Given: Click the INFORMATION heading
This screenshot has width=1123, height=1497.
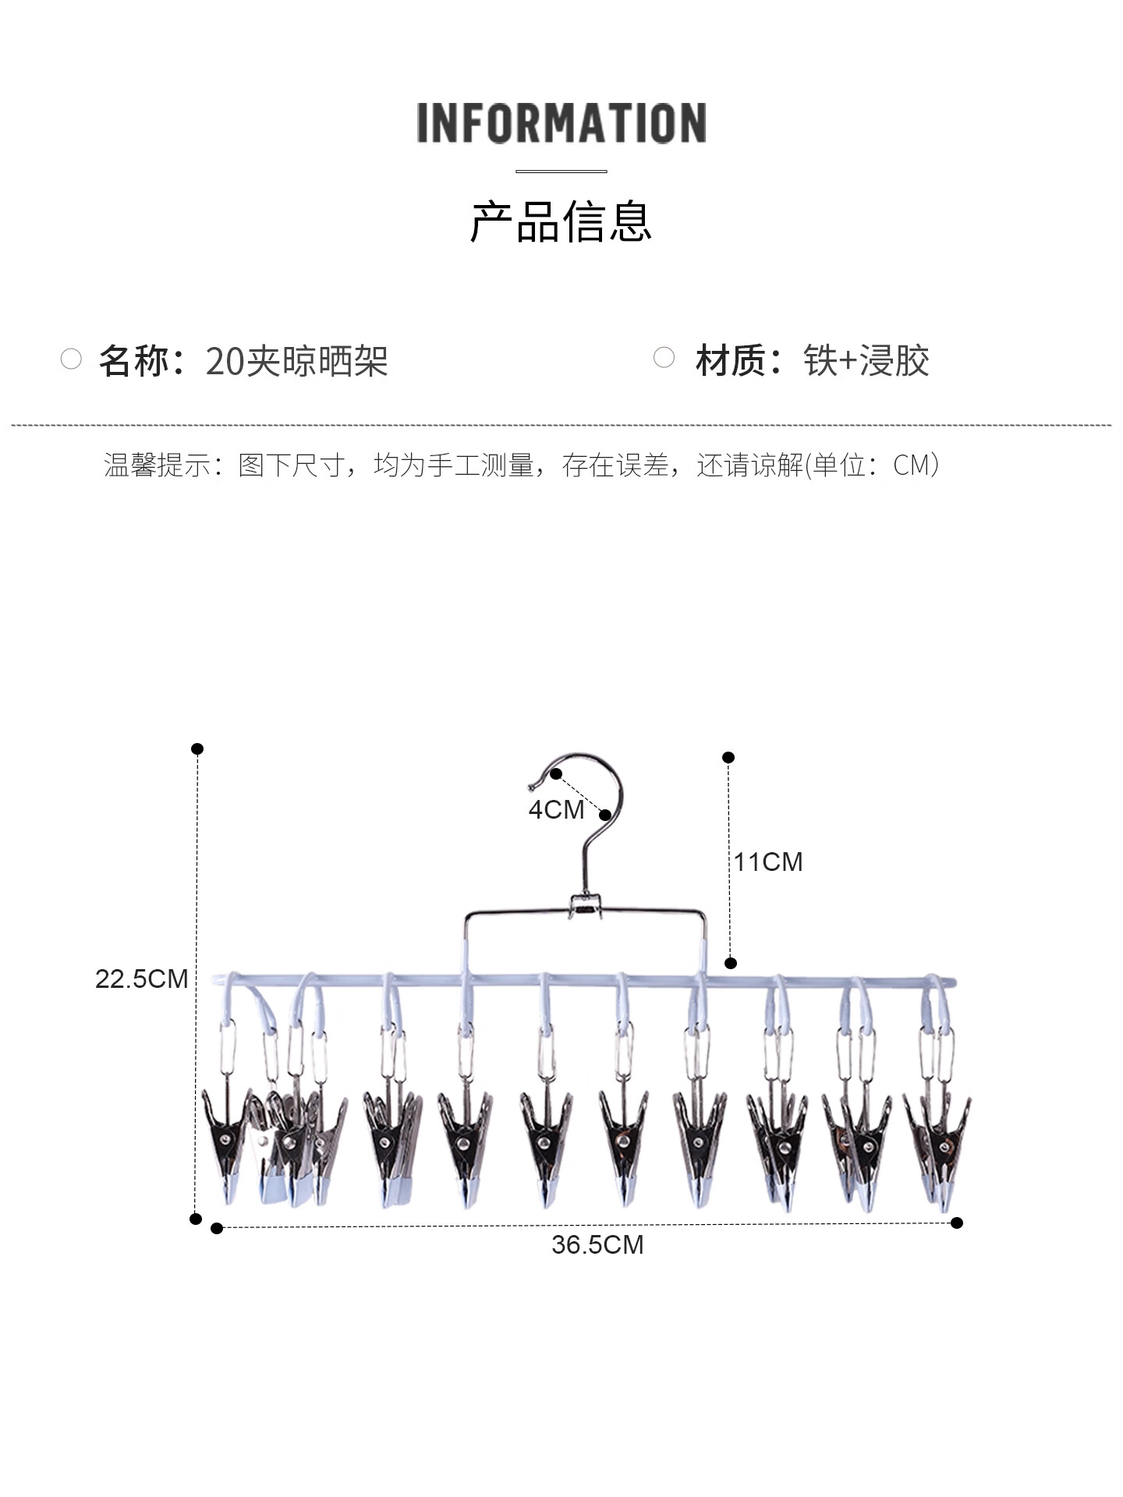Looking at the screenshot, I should pos(561,123).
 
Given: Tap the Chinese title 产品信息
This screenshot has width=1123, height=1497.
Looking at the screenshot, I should pos(561,222).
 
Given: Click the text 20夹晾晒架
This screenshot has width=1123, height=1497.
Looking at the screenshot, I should pos(297,360).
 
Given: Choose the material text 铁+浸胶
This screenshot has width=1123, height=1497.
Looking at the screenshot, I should pos(866,360).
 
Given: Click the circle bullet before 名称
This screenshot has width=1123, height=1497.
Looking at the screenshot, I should pos(71,359).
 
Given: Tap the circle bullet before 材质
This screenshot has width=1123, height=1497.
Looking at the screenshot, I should pos(664,357).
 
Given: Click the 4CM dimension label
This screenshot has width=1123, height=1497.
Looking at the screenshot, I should pos(555,809).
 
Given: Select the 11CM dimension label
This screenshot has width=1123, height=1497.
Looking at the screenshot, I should pos(768,862).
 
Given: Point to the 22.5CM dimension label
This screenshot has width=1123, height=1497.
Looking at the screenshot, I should pos(141,979).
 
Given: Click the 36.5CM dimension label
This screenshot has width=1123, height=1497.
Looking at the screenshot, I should pos(597,1244).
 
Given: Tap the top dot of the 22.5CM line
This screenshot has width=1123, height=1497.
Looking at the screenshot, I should pos(197,748).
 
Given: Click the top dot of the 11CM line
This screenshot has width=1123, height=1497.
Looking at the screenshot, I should pos(728,757).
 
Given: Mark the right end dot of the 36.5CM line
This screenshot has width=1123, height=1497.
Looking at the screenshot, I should pos(957,1223).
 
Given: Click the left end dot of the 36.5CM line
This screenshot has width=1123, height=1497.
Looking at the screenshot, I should pos(217,1228).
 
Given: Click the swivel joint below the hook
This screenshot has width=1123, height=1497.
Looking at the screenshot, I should pos(585,906).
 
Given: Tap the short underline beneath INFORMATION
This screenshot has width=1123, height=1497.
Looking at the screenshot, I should pos(561,171).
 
